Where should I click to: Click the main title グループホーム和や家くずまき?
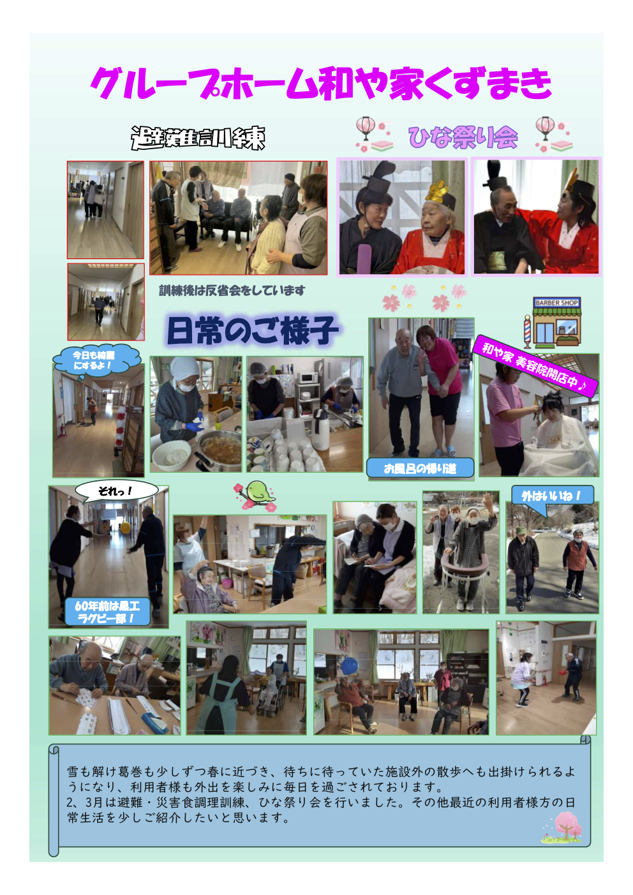pos(320,84)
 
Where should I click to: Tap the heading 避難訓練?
pos(198,138)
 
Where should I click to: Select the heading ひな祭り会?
pos(463,137)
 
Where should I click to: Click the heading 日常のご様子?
pos(252,330)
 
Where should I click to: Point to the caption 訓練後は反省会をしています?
pos(232,290)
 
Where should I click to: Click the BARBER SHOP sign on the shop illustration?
pos(556,303)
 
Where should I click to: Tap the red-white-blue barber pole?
pos(528,331)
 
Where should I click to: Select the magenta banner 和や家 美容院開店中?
pos(535,366)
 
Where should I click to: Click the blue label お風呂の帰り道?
pos(420,468)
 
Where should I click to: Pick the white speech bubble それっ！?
pos(116,491)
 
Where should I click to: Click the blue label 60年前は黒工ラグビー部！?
pos(107,612)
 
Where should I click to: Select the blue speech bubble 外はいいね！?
pos(551,497)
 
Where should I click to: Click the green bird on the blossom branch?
pos(259,491)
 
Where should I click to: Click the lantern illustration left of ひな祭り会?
pos(365,128)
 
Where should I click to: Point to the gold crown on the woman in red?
pos(437,191)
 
